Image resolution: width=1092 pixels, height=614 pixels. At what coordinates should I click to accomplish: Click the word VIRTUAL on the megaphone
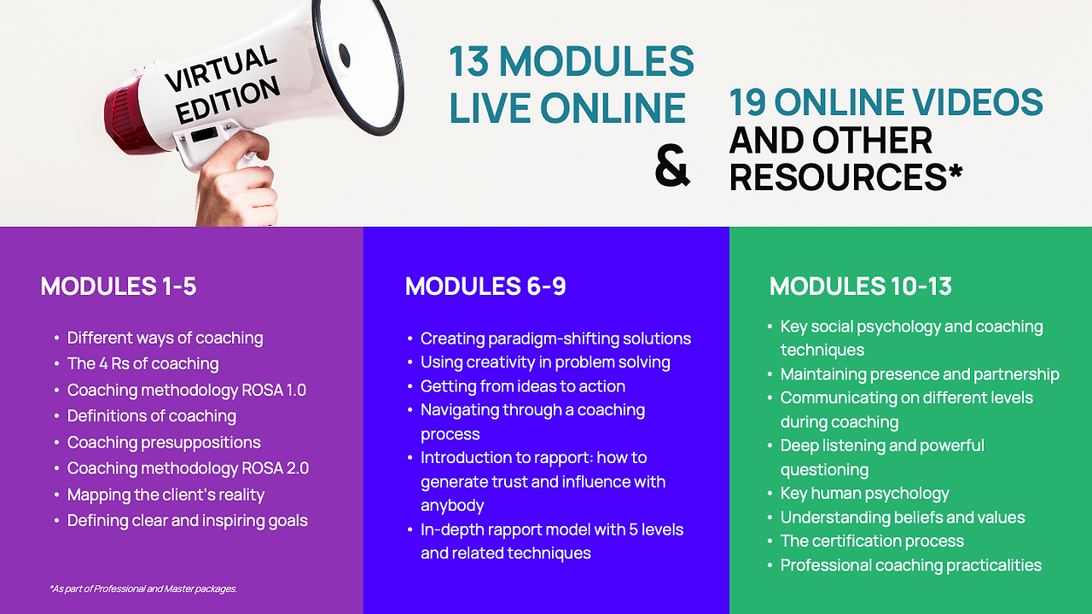(221, 68)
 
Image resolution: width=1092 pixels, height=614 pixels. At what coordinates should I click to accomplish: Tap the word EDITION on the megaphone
(228, 101)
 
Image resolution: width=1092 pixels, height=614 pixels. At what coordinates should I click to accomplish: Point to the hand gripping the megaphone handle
(237, 181)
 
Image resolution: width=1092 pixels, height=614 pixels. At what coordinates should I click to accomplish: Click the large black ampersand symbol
(672, 165)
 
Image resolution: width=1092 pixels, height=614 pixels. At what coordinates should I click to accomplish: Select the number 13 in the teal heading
(468, 62)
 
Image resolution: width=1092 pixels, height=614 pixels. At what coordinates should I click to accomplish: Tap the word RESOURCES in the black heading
(838, 177)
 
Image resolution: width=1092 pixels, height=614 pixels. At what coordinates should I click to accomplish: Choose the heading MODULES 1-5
(119, 286)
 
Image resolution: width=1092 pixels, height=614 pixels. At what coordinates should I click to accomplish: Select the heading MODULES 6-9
(485, 286)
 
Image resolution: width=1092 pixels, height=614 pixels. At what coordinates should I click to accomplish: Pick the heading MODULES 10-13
(861, 286)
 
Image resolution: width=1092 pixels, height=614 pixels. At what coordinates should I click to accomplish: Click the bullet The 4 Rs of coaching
(142, 364)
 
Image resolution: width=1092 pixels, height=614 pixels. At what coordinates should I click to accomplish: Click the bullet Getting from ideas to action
(523, 386)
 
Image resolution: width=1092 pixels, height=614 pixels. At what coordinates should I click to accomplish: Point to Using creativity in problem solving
(545, 362)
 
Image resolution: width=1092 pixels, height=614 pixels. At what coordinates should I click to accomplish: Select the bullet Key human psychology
(864, 494)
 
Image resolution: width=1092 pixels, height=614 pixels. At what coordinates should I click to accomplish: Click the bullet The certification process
(872, 541)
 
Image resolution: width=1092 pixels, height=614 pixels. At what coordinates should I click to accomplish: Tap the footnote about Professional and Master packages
(143, 588)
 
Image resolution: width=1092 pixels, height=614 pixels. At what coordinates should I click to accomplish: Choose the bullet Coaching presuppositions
(164, 443)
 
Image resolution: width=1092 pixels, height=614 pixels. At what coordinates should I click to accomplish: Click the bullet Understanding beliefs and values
(903, 518)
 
